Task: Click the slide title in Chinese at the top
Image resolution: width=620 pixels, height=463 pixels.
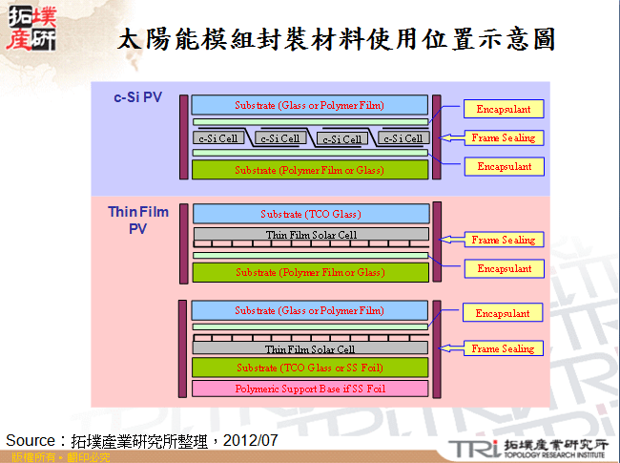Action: click(x=336, y=39)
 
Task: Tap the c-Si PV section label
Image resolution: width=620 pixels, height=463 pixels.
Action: click(x=138, y=96)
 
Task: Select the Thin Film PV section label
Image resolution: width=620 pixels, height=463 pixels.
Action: click(x=138, y=220)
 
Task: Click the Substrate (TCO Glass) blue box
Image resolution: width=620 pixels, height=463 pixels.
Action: click(x=311, y=214)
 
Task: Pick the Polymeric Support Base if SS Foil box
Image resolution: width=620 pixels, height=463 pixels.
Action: click(x=310, y=389)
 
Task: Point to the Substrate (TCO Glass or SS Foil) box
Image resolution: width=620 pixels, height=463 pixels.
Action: click(x=310, y=368)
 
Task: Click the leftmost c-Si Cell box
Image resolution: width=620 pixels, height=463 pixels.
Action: click(x=218, y=138)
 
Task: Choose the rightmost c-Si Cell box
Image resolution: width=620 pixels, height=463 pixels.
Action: click(x=403, y=138)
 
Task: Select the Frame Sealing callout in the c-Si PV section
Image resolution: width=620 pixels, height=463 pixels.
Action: click(x=504, y=137)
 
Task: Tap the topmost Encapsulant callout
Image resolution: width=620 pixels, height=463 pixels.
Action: click(x=504, y=109)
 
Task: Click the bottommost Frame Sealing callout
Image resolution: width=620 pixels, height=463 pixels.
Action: click(x=504, y=349)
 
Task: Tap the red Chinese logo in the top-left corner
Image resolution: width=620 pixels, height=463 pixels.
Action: click(x=30, y=28)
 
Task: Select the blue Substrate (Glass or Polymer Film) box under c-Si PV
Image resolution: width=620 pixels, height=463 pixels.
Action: click(x=310, y=104)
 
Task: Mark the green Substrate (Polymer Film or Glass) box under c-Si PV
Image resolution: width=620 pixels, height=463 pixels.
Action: click(x=310, y=170)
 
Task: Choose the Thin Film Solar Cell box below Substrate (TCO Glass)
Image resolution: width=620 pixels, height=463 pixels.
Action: click(x=311, y=235)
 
